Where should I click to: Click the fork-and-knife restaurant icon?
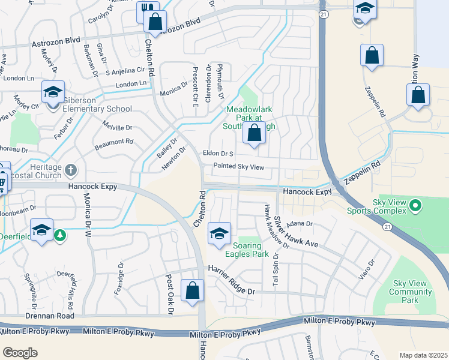coord(147,10)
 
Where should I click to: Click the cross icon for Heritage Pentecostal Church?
coord(72,170)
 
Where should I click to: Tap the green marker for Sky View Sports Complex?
coord(414,207)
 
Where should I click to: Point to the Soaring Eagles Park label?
coord(247,250)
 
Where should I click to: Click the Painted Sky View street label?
coord(238,167)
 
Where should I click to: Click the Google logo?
coord(20,352)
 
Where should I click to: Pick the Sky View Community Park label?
coord(412,287)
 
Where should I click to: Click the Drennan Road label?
coord(50,316)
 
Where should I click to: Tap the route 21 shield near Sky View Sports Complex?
coord(388,226)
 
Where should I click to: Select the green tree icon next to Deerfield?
coord(59,235)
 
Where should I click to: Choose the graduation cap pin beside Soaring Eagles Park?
coord(219,234)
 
